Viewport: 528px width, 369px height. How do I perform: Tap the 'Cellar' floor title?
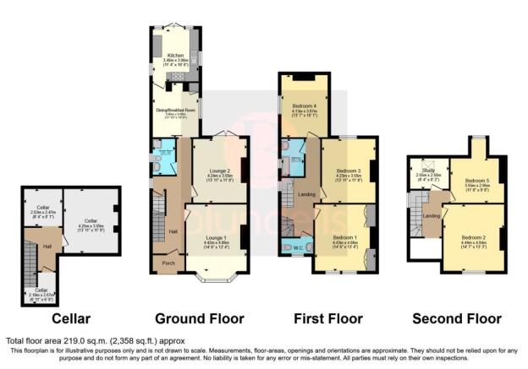pyautogui.click(x=70, y=318)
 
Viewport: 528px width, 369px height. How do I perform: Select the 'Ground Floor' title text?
pyautogui.click(x=200, y=318)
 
